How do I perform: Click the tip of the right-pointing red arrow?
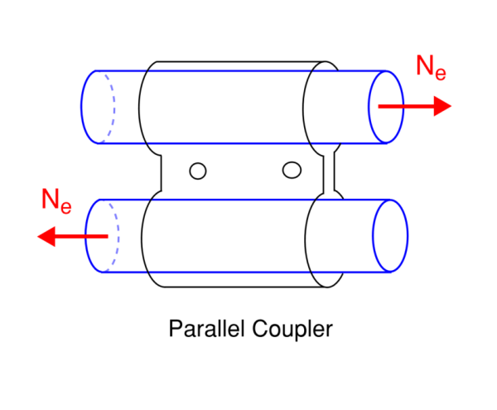pos(451,106)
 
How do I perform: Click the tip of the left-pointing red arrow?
pos(38,236)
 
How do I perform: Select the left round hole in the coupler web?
pos(197,171)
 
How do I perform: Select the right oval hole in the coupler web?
pos(291,170)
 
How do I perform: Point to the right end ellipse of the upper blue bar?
pos(385,106)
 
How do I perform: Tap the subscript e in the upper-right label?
pos(440,74)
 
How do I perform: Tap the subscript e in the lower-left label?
pos(65,205)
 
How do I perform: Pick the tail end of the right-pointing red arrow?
pos(379,106)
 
